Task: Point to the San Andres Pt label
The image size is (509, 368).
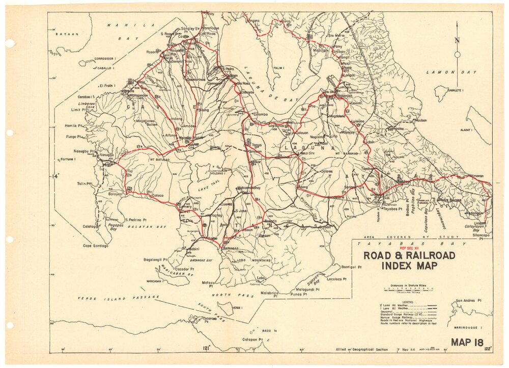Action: pos(469,301)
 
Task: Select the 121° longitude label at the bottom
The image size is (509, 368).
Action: pos(206,348)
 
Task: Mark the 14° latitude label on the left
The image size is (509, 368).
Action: pos(55,176)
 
